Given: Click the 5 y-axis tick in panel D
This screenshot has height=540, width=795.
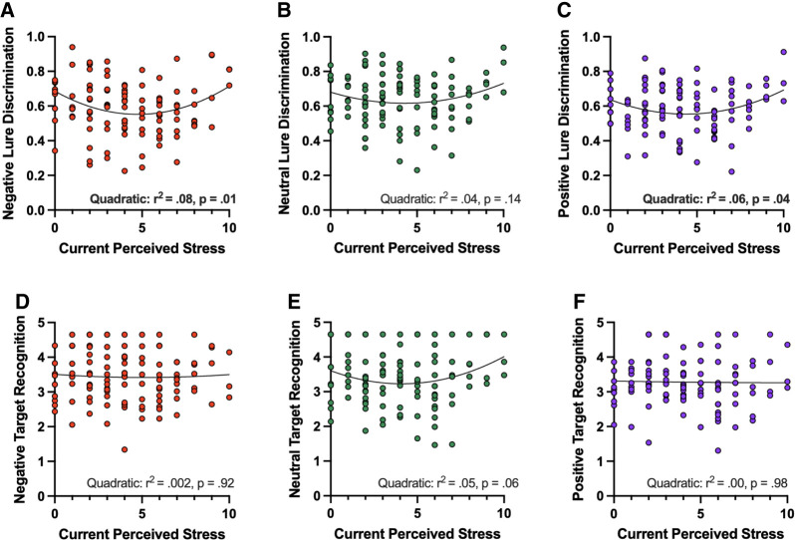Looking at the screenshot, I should coord(43,322).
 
